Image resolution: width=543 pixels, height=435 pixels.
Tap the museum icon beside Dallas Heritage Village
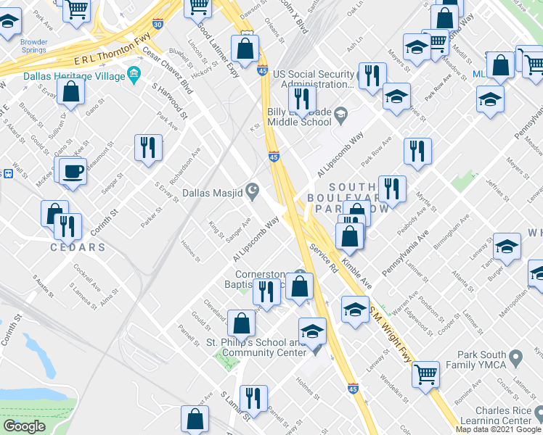(x=134, y=74)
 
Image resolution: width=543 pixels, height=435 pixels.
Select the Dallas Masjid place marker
(x=253, y=191)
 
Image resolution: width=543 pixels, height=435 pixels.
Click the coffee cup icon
(x=72, y=171)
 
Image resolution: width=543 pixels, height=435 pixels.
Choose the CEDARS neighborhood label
(x=77, y=247)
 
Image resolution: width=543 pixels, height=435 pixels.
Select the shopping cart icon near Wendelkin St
(x=425, y=374)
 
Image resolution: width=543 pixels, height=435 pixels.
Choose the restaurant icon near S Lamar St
(x=253, y=397)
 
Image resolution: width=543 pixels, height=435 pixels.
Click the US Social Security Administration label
(x=314, y=80)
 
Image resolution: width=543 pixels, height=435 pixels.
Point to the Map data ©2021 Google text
(x=499, y=429)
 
